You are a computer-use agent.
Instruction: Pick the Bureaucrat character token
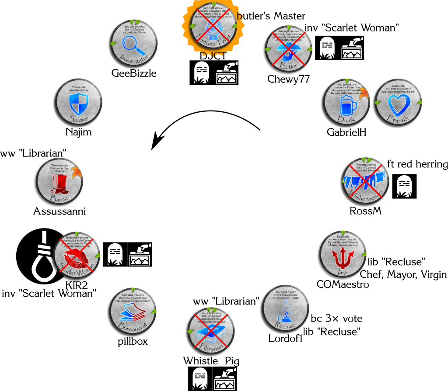coord(133,311)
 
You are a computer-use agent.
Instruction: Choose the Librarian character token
coord(211,330)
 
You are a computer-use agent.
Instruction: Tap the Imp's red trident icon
coord(343,258)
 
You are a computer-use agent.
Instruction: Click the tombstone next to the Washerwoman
coord(404,187)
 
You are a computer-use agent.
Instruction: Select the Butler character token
coord(289,48)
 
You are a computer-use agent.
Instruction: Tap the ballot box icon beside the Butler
coord(352,48)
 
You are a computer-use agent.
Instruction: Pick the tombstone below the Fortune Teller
coord(201,73)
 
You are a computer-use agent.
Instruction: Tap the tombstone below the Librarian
coord(200,378)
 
